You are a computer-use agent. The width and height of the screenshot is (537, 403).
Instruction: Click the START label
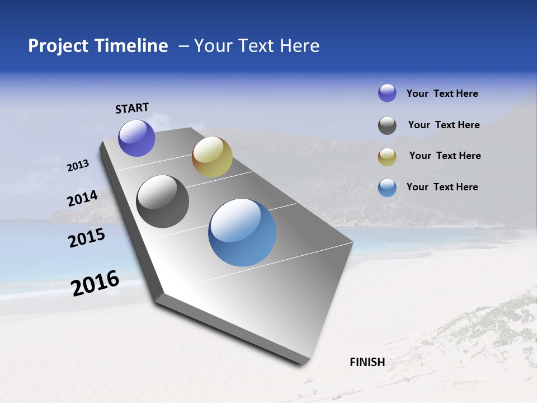pos(132,108)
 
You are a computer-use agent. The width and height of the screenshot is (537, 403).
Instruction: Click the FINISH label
pos(368,362)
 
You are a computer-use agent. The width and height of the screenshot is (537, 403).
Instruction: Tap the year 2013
pos(78,166)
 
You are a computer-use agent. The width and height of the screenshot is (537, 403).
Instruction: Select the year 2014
pos(83,199)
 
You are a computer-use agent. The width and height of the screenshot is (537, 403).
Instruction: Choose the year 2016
pos(96,283)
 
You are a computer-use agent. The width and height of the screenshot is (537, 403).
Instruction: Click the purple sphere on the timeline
pos(137,138)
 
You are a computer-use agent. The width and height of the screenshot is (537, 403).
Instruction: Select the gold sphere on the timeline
pos(212,157)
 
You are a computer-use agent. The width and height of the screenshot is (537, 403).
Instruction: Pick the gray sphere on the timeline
pos(163,201)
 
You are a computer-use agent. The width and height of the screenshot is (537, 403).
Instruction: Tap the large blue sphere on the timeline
pos(242,232)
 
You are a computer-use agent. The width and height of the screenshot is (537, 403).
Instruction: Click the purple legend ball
pos(387,93)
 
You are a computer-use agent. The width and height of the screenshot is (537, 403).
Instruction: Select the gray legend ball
pos(387,125)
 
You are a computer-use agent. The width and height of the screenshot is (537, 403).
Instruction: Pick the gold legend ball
pos(387,157)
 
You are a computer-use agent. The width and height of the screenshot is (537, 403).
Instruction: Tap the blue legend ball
pos(387,188)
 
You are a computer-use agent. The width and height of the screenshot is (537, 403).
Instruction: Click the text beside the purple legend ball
pos(442,94)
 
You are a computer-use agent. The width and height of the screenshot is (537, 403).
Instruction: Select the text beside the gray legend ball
pos(444,125)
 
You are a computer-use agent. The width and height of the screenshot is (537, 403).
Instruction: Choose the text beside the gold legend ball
pos(445,156)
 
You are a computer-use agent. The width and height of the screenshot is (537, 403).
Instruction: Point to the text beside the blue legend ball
pos(442,187)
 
